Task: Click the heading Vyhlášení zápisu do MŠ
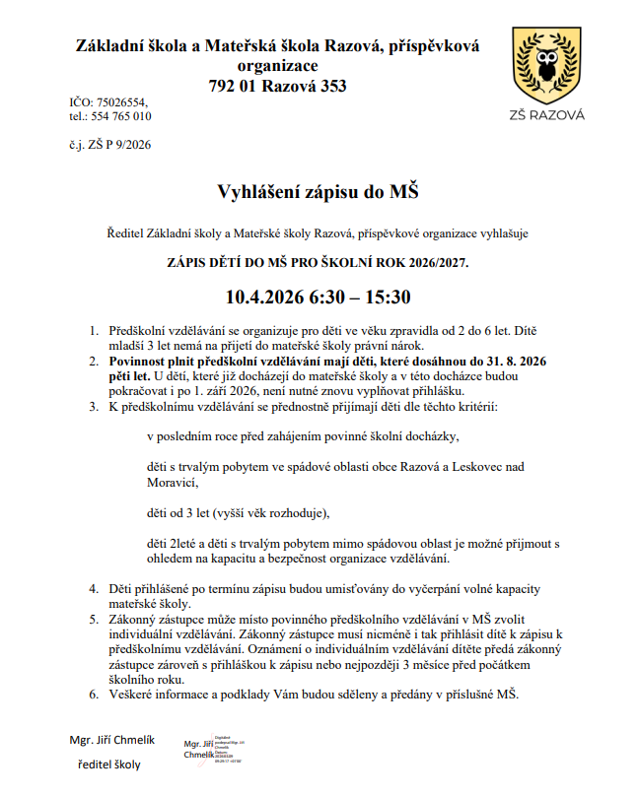pos(319,191)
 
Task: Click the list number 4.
pos(94,588)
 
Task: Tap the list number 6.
pos(94,694)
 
